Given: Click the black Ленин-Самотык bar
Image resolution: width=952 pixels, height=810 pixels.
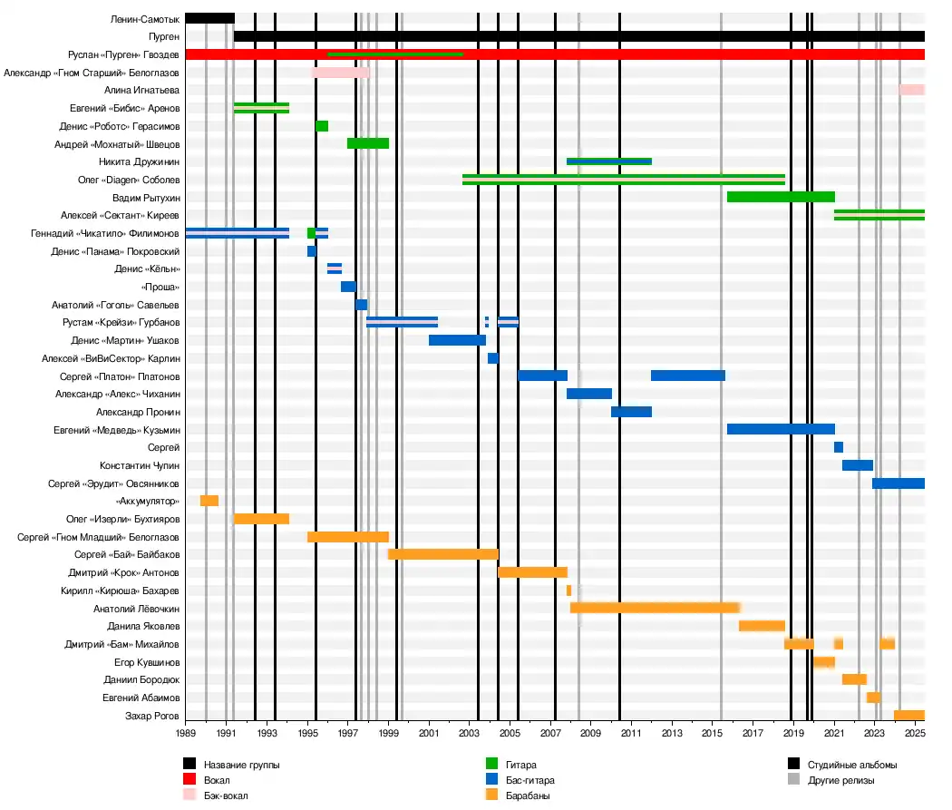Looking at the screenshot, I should (209, 18).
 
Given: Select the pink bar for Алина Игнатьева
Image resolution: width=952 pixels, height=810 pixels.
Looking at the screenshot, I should (911, 90).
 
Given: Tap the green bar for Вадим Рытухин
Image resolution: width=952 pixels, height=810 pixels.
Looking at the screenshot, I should (781, 197).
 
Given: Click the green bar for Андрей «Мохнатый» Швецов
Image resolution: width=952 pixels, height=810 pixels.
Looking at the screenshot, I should (368, 143).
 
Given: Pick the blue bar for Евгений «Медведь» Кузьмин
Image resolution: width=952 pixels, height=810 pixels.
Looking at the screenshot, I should (781, 429).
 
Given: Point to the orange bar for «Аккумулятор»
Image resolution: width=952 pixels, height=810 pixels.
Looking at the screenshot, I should (209, 501).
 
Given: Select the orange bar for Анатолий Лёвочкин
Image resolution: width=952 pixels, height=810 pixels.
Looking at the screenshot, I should (655, 608).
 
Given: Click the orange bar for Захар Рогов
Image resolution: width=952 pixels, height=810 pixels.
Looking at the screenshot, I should (908, 715).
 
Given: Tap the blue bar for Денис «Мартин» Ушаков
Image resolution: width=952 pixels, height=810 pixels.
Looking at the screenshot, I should (457, 340).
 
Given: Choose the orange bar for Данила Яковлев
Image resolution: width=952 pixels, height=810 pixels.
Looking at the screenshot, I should (762, 626).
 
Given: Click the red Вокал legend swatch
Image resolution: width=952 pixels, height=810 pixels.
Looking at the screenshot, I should (189, 780).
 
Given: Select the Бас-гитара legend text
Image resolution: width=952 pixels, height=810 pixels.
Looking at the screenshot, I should (531, 780).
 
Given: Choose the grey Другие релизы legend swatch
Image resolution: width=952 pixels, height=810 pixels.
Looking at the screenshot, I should (793, 780).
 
